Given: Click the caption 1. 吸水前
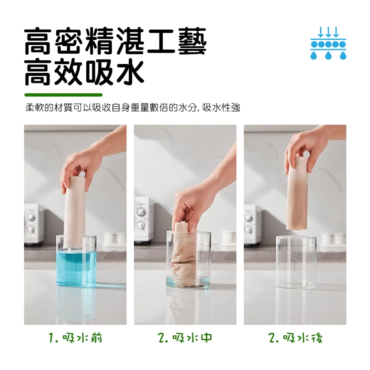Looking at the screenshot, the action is point(75,338).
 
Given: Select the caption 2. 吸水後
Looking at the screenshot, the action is point(295,338).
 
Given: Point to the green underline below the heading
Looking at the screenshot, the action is point(64,95).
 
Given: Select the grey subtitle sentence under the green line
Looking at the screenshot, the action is point(133,108).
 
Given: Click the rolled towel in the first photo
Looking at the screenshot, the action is point(74,212).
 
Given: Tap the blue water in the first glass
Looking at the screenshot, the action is point(76,268).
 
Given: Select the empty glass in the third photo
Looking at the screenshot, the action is point(296,262).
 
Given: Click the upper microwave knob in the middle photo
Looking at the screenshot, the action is point(141,211).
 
